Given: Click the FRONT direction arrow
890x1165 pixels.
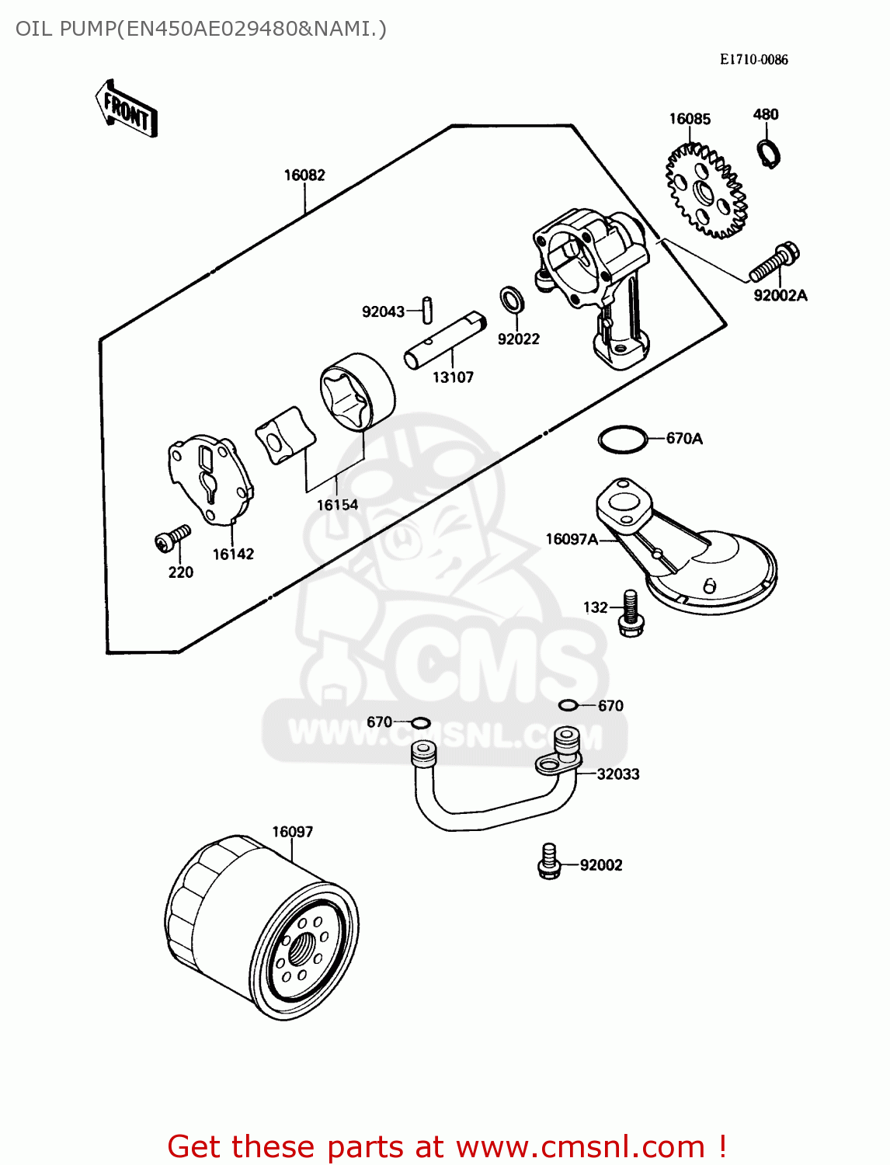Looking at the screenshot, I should (127, 110).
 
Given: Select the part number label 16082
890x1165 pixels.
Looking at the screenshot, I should (304, 176).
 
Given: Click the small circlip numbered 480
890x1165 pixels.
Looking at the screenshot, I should (768, 152).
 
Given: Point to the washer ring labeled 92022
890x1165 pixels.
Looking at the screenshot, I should (511, 299).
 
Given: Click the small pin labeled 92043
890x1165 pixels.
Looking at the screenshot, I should (426, 309).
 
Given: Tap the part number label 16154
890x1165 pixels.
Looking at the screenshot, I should (337, 505).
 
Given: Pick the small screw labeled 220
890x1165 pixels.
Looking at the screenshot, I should (172, 538).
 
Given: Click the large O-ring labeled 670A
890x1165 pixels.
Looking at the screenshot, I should (622, 439).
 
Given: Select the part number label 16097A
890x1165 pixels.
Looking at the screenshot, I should (572, 539).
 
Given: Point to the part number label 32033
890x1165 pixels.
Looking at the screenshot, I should (618, 774).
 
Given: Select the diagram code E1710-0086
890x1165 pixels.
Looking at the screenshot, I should (753, 60).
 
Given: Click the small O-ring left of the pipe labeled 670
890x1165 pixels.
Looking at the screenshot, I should (420, 723).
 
